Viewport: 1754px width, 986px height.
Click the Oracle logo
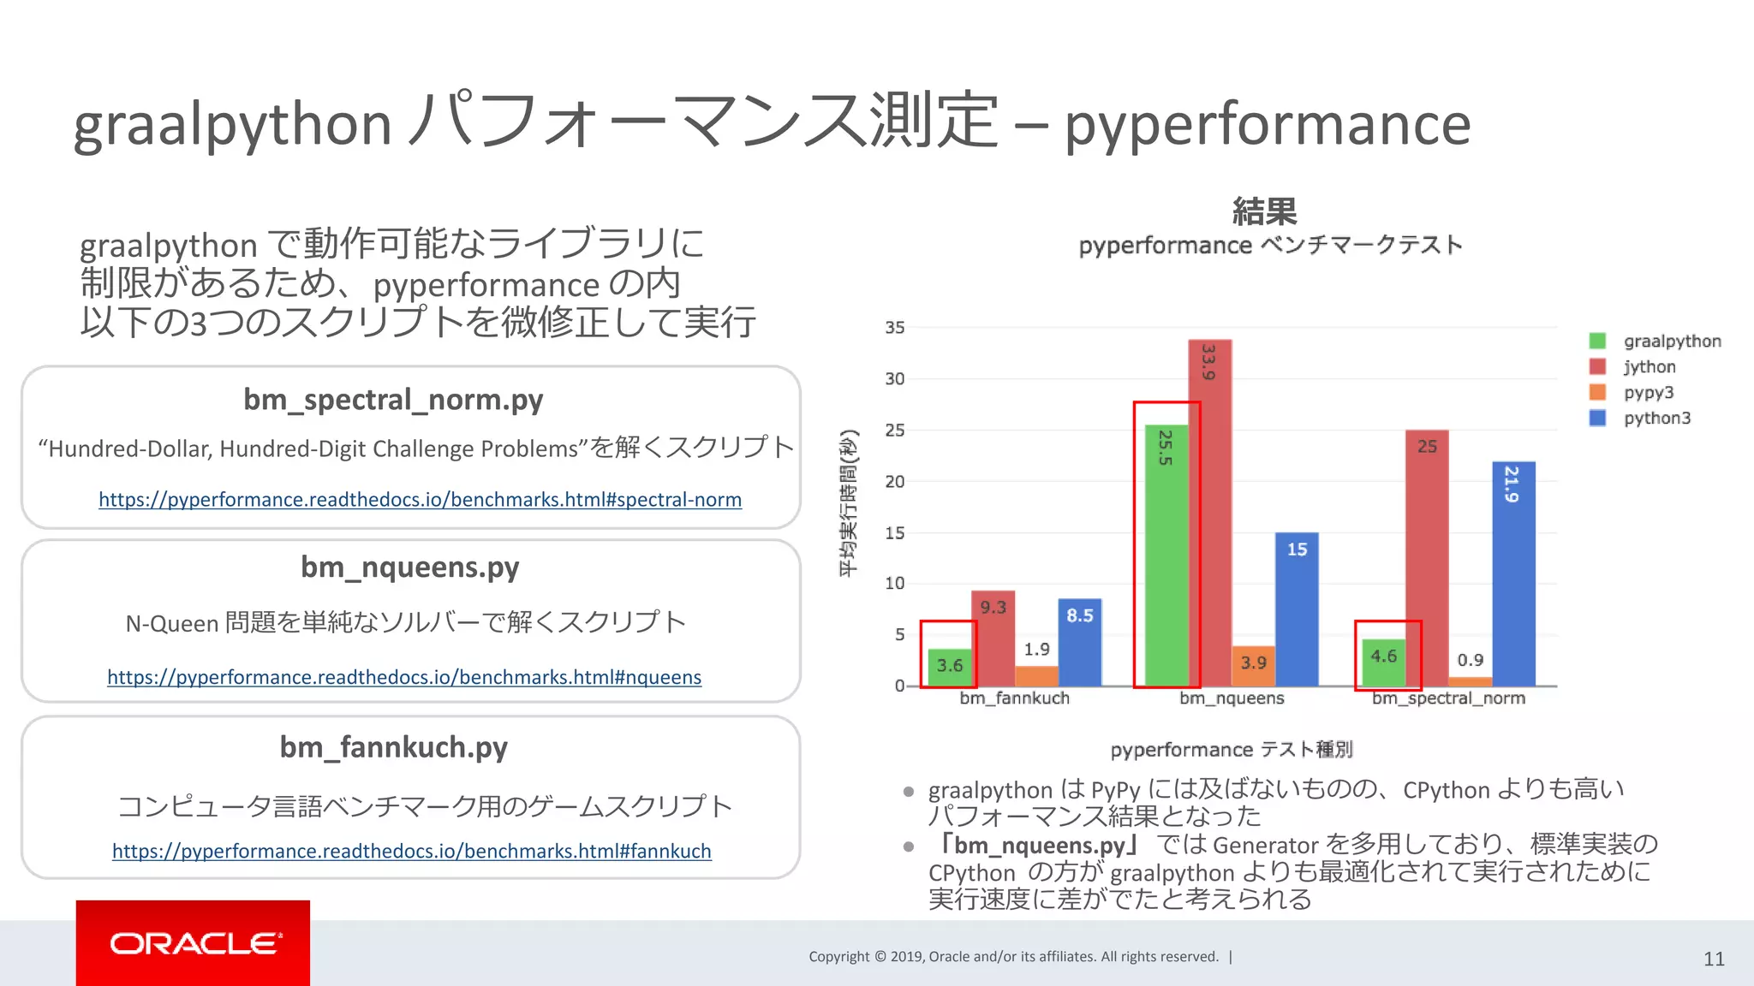coord(194,943)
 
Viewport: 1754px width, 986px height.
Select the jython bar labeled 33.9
coord(1209,514)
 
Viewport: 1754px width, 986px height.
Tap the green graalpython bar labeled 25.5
coord(1166,556)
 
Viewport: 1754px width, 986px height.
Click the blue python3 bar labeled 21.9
coord(1513,573)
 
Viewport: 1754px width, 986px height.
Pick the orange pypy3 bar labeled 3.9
coord(1253,666)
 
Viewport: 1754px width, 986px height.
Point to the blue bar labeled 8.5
coord(1079,642)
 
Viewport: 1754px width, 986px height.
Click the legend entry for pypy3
coord(1647,393)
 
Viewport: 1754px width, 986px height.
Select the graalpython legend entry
coord(1670,342)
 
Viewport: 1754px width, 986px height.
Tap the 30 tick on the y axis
coord(894,378)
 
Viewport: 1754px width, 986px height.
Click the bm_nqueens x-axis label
coord(1232,698)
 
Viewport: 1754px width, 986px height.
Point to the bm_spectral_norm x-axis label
coord(1448,698)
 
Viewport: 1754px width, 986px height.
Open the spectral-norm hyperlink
coord(420,500)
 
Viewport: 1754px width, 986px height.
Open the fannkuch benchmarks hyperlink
coord(411,852)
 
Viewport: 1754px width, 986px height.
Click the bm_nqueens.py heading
coord(409,567)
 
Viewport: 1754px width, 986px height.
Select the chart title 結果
coord(1264,211)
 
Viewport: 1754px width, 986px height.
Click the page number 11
coord(1713,959)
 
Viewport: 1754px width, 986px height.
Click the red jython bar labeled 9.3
coord(993,638)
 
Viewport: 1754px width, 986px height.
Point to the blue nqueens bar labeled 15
coord(1297,609)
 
